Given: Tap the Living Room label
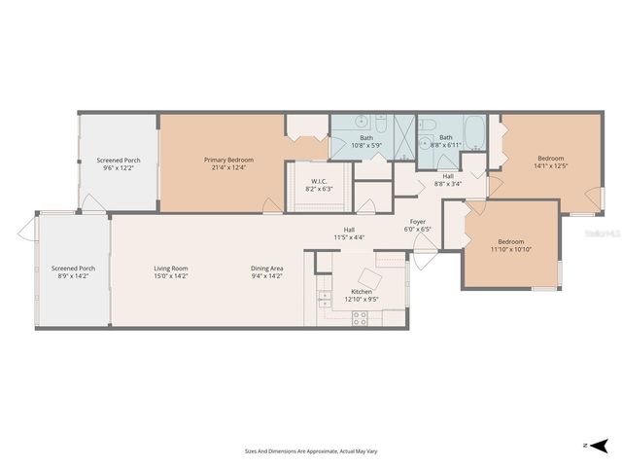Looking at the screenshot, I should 170,269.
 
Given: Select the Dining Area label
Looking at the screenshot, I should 266,269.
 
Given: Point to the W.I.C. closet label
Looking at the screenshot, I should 318,181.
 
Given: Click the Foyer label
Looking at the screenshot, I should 417,222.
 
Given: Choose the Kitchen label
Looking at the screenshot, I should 362,292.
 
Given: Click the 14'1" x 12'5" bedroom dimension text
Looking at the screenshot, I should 551,166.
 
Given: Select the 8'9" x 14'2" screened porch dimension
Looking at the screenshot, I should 73,276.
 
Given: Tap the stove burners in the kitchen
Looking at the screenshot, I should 360,315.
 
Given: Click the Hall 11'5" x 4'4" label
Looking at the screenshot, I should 349,233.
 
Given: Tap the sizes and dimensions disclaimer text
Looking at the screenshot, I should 310,450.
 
